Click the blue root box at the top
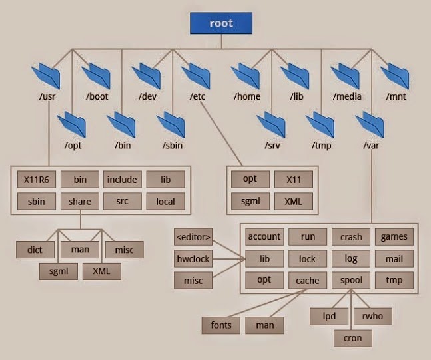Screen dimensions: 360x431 (221, 23)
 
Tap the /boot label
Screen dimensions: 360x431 (97, 97)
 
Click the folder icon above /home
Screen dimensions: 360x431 (247, 75)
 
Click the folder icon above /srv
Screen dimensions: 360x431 (271, 124)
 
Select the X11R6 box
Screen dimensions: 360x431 (37, 180)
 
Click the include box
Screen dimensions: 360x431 (122, 180)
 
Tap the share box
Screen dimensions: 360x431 (79, 201)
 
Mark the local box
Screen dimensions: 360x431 (165, 201)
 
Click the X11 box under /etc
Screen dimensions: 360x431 (293, 180)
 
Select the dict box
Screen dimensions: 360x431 (35, 250)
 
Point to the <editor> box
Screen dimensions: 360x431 (193, 236)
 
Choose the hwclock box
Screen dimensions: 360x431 (193, 258)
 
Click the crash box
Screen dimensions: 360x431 (351, 236)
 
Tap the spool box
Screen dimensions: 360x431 (351, 280)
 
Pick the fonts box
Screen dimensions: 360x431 (220, 325)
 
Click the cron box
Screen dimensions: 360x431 (352, 338)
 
